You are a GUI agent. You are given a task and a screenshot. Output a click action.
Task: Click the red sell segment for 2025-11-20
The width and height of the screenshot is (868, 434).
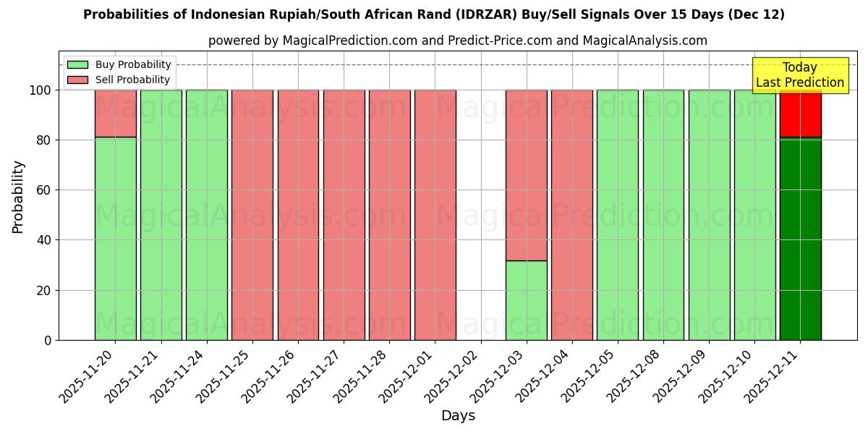[x=115, y=113]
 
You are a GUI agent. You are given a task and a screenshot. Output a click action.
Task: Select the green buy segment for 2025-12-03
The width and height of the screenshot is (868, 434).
[x=526, y=299]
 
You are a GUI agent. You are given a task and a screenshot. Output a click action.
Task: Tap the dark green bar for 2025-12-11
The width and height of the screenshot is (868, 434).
[x=800, y=239]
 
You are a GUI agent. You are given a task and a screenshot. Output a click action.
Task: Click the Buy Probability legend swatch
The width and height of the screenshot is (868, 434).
[x=77, y=64]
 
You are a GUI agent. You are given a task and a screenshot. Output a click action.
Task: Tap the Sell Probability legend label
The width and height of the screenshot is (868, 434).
[x=132, y=80]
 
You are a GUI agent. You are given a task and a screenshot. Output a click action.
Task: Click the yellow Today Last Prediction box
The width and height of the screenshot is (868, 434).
[x=799, y=75]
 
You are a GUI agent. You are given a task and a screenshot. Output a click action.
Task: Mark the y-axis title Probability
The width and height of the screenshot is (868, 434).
[x=18, y=196]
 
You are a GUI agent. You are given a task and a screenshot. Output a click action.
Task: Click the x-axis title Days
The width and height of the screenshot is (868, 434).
[x=458, y=416]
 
